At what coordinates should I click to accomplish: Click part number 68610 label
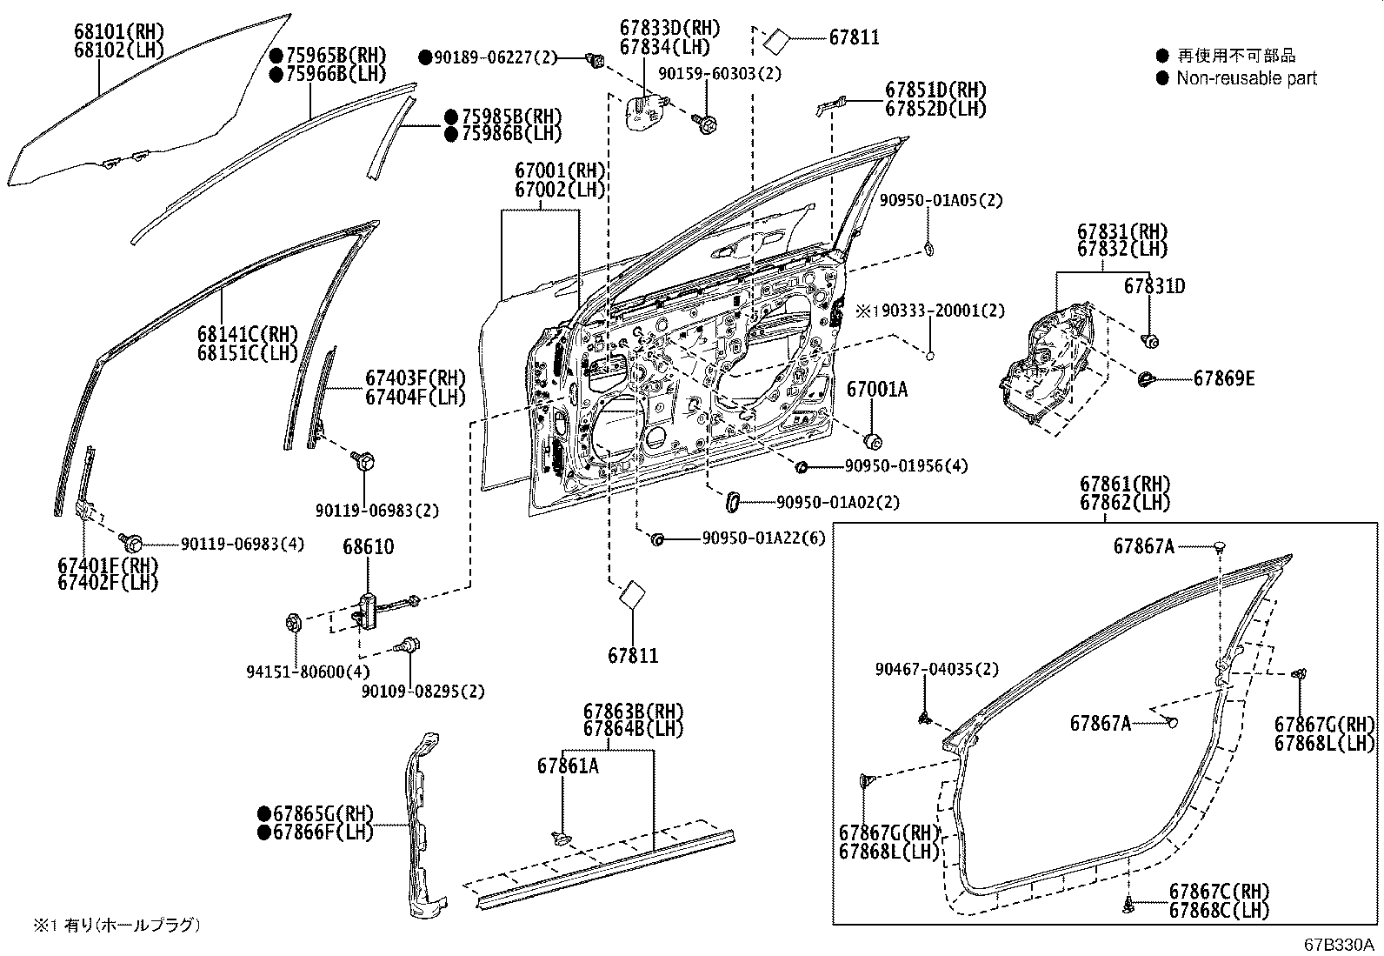368,547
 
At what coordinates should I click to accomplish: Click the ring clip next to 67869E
1146,378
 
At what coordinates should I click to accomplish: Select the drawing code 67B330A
1337,944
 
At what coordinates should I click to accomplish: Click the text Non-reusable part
1247,78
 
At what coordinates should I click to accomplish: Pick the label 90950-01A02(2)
837,502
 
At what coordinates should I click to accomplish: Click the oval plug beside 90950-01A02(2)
733,501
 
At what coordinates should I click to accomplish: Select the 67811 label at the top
854,37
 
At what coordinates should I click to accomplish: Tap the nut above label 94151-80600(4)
293,623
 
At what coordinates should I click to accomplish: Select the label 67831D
1154,286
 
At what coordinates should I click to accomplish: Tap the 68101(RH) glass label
119,33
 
